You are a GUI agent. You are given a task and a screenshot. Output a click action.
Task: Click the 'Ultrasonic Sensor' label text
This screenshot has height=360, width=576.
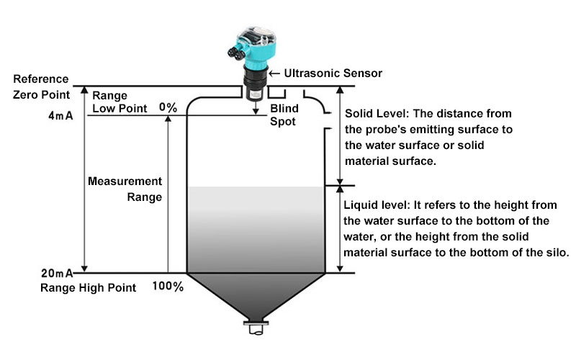coord(333,73)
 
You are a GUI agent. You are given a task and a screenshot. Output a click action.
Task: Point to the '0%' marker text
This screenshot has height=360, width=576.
coord(168,107)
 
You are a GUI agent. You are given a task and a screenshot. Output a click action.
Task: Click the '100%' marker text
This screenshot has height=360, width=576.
coord(168,287)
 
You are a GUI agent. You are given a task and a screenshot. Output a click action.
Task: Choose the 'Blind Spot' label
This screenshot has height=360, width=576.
coord(282,115)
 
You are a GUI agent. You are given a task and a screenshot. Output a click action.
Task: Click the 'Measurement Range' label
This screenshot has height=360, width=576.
coord(125,189)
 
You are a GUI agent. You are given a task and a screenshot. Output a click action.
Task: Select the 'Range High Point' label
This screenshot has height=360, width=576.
coord(88,288)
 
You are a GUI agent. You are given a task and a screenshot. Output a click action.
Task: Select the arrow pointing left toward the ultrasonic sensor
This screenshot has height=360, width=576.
coord(274,73)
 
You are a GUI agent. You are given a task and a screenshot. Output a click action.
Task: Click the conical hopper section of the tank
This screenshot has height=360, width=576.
coord(256,295)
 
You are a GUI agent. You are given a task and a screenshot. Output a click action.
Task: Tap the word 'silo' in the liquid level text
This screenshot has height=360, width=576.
coord(559,253)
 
